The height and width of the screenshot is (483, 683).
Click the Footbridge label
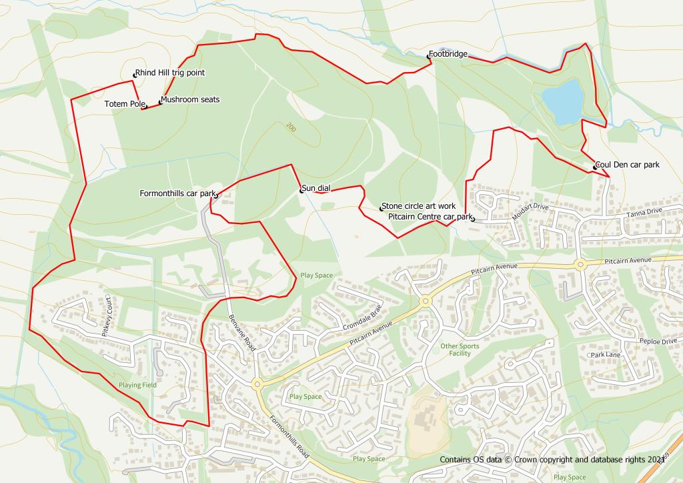click(448, 54)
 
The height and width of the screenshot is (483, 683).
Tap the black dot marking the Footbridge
click(429, 56)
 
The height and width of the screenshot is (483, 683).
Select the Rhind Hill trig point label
click(169, 73)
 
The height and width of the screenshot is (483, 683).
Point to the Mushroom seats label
click(190, 99)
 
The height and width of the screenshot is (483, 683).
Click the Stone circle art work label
click(419, 206)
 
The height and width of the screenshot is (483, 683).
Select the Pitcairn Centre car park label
click(430, 217)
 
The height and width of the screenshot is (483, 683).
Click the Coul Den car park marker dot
click(594, 167)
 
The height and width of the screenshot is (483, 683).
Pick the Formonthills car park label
click(177, 193)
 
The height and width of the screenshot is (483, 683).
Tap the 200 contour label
click(290, 127)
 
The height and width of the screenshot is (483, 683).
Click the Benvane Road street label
click(242, 333)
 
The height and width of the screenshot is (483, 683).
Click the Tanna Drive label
click(644, 212)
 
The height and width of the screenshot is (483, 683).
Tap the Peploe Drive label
click(658, 341)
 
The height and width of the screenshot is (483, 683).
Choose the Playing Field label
click(138, 385)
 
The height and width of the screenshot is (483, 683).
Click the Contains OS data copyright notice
click(552, 460)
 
